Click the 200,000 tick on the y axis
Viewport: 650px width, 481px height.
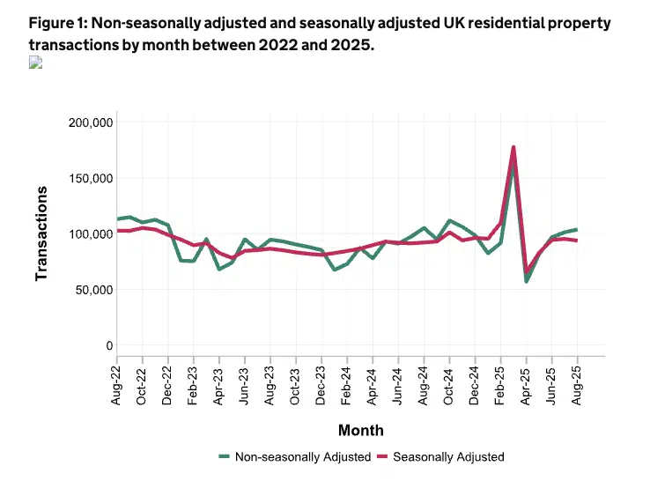pyautogui.click(x=90, y=122)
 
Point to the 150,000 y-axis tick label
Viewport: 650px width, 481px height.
pyautogui.click(x=90, y=178)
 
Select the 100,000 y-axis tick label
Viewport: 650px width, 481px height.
pyautogui.click(x=90, y=233)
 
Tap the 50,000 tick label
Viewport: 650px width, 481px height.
pyautogui.click(x=93, y=290)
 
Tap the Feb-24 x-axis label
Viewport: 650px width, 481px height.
pyautogui.click(x=347, y=386)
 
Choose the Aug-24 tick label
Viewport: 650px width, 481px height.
pyautogui.click(x=424, y=386)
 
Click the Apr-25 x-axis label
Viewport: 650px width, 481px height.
pyautogui.click(x=526, y=386)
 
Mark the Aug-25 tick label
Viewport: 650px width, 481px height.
pyautogui.click(x=577, y=386)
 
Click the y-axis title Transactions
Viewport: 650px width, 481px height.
pyautogui.click(x=41, y=233)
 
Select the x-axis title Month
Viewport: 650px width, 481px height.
pyautogui.click(x=360, y=431)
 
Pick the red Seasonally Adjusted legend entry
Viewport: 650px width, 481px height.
pyautogui.click(x=440, y=456)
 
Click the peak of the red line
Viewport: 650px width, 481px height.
pyautogui.click(x=513, y=147)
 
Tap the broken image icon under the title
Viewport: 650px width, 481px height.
pyautogui.click(x=35, y=63)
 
